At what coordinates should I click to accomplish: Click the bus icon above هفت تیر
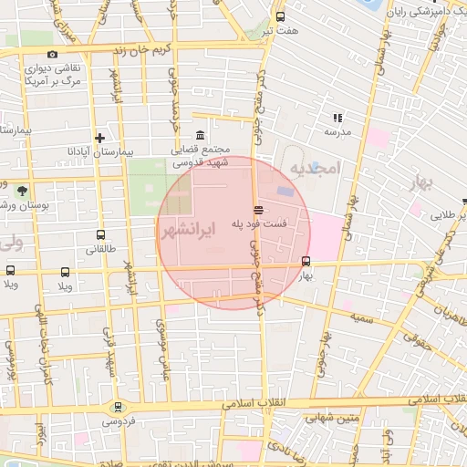pyautogui.click(x=280, y=16)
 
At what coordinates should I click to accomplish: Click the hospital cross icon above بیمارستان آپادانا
pyautogui.click(x=101, y=138)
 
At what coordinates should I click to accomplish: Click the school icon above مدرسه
pyautogui.click(x=337, y=118)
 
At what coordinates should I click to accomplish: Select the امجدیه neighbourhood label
pyautogui.click(x=315, y=169)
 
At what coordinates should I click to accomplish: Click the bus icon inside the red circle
pyautogui.click(x=305, y=261)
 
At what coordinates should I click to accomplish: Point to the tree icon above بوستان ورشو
pyautogui.click(x=20, y=191)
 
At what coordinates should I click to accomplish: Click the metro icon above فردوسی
pyautogui.click(x=117, y=407)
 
